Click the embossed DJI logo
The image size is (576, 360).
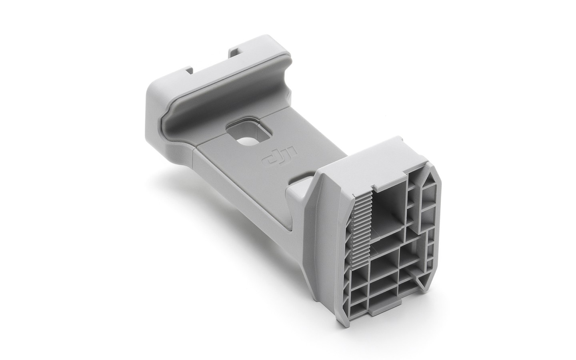[280, 156]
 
